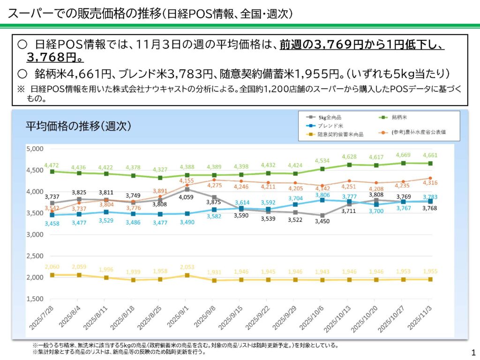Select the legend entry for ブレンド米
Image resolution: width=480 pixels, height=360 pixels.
click(x=330, y=126)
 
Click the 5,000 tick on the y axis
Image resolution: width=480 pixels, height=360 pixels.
click(x=35, y=149)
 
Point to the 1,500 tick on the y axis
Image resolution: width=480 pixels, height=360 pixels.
click(x=35, y=299)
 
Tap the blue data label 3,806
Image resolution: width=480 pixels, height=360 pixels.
click(x=322, y=195)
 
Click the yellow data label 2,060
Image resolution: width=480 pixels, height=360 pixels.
click(x=52, y=267)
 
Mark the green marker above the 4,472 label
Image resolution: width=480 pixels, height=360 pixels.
click(x=52, y=172)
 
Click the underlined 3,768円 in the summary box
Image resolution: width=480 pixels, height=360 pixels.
click(x=54, y=58)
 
